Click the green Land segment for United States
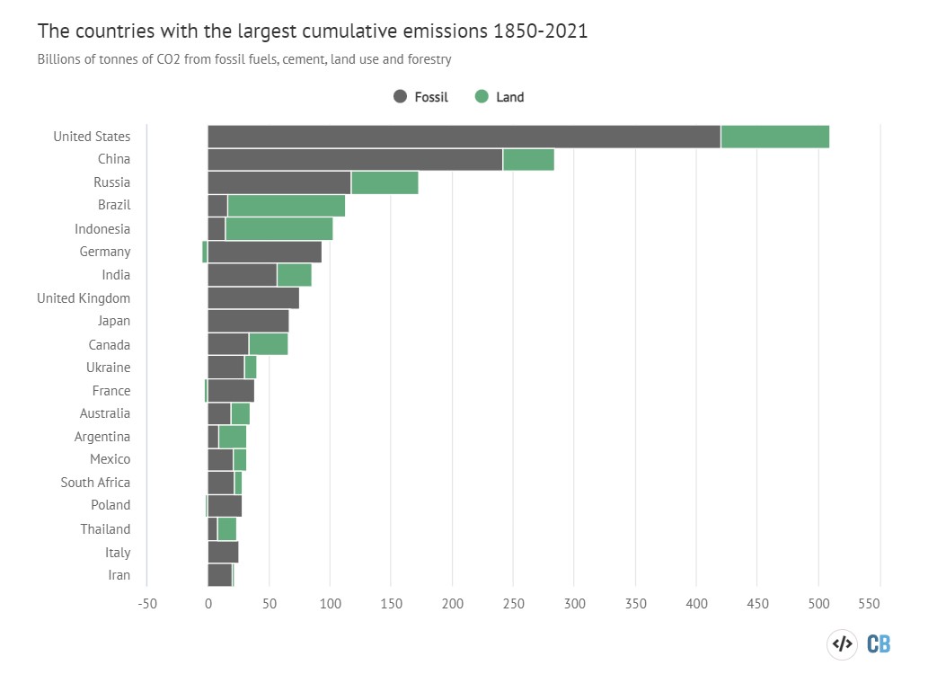pyautogui.click(x=774, y=137)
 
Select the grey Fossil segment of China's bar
pyautogui.click(x=355, y=160)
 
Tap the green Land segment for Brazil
pyautogui.click(x=286, y=206)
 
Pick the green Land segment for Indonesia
pyautogui.click(x=278, y=229)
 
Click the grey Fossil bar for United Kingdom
pyautogui.click(x=253, y=298)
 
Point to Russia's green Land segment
pyautogui.click(x=385, y=182)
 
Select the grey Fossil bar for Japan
pyautogui.click(x=248, y=321)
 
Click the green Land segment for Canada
pyautogui.click(x=269, y=344)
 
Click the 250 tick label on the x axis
pyautogui.click(x=513, y=604)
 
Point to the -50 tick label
pyautogui.click(x=146, y=604)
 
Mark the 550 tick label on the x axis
pyautogui.click(x=880, y=604)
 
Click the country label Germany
pyautogui.click(x=104, y=253)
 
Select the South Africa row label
pyautogui.click(x=95, y=483)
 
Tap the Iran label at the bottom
pyautogui.click(x=119, y=575)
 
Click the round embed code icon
pyautogui.click(x=842, y=643)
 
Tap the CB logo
pyautogui.click(x=879, y=643)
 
